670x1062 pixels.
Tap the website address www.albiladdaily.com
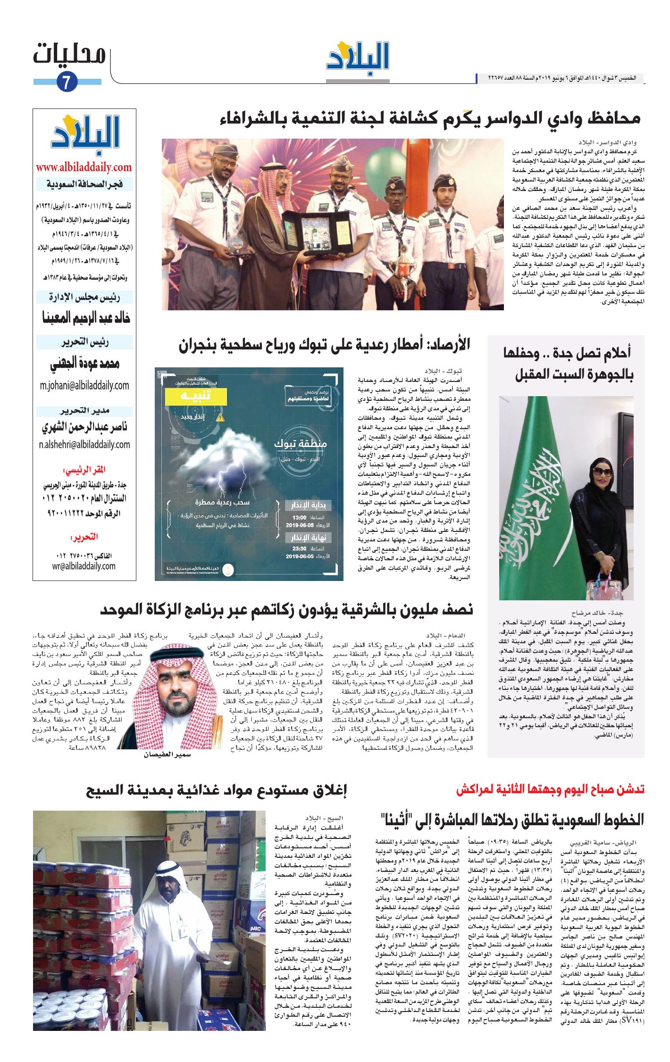coord(84,167)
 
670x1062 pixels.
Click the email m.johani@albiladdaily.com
coord(84,385)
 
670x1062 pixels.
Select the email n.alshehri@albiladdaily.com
coord(84,444)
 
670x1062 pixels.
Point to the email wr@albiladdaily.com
coord(84,566)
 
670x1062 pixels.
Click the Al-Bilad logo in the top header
coord(358,58)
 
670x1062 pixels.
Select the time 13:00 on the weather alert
coord(300,517)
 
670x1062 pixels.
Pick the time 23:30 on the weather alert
coord(300,548)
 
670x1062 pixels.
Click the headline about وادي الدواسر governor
coord(430,119)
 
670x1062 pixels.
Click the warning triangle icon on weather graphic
coord(220,417)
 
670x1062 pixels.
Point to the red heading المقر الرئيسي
coord(84,470)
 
